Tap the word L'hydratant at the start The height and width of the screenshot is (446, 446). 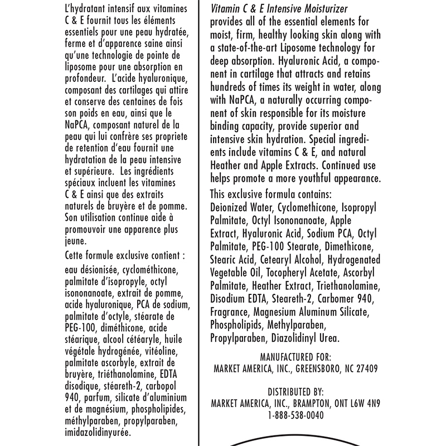click(86, 8)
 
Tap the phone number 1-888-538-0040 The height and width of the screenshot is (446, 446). click(295, 415)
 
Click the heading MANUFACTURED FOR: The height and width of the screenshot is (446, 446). click(295, 356)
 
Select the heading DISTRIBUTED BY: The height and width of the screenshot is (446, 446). click(295, 391)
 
